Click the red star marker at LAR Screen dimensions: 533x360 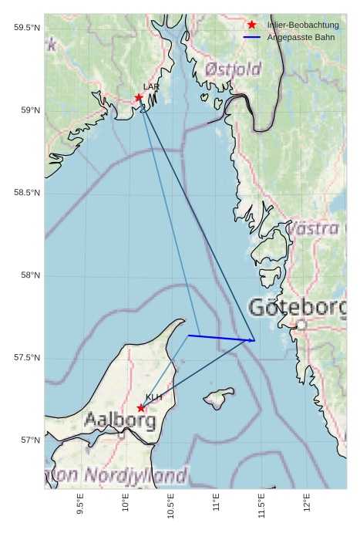(139, 97)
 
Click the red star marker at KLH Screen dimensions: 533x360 (140, 408)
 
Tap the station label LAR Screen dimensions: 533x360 (150, 87)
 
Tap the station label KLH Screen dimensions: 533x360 (153, 397)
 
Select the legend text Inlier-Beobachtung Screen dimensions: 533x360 (303, 25)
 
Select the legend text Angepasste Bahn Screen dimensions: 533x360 (301, 37)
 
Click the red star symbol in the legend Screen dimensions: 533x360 (252, 25)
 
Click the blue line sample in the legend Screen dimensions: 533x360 (252, 37)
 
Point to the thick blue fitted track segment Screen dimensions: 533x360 (220, 338)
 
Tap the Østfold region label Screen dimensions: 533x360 (233, 69)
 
